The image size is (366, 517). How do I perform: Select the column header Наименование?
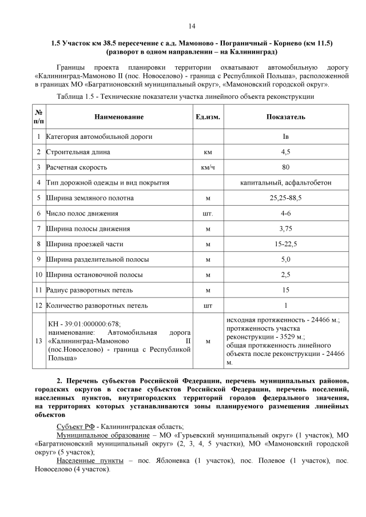(119, 117)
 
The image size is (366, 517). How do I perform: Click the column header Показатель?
(285, 117)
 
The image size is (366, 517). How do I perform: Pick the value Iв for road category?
(285, 137)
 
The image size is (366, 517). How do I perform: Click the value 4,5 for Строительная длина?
(285, 153)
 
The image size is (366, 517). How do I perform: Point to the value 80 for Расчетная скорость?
(285, 168)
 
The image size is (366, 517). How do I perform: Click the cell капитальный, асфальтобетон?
(285, 183)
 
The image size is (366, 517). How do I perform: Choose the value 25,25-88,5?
(285, 198)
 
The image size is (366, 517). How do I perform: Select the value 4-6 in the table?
(285, 214)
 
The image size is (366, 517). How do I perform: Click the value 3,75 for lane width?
(285, 229)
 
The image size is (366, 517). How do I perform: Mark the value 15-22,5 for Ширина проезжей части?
(285, 244)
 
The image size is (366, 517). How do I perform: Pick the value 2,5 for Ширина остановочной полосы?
(285, 274)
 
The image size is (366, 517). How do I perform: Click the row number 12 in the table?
(38, 305)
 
